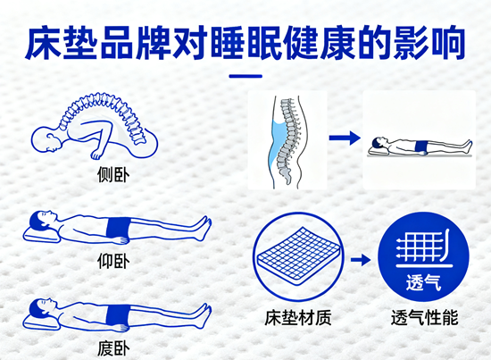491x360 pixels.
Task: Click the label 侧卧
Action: [113, 174]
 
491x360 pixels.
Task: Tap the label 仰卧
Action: [113, 261]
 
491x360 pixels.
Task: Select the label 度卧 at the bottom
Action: [113, 348]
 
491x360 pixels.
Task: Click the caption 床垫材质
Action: [297, 318]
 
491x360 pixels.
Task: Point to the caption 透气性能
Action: [424, 318]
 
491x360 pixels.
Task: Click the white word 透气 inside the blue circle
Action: [424, 282]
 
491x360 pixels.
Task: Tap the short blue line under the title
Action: [245, 76]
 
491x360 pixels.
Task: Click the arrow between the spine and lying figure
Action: [345, 138]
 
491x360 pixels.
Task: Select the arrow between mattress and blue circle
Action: [361, 260]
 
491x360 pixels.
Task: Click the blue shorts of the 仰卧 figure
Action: [118, 228]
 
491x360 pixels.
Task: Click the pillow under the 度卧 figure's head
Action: [41, 322]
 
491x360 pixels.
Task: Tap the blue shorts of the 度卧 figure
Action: [118, 315]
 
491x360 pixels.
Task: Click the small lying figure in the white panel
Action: [420, 147]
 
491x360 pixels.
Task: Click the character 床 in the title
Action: [43, 43]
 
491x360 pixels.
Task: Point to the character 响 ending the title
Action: [448, 43]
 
